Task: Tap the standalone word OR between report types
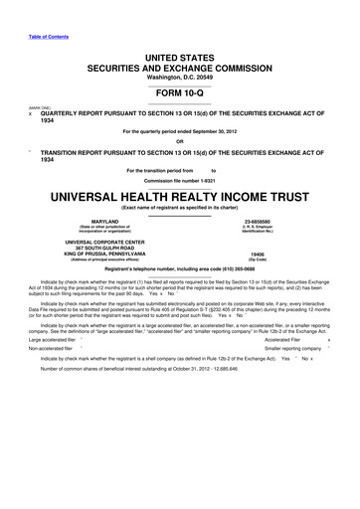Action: [x=180, y=140]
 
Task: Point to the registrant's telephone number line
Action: [x=180, y=271]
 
